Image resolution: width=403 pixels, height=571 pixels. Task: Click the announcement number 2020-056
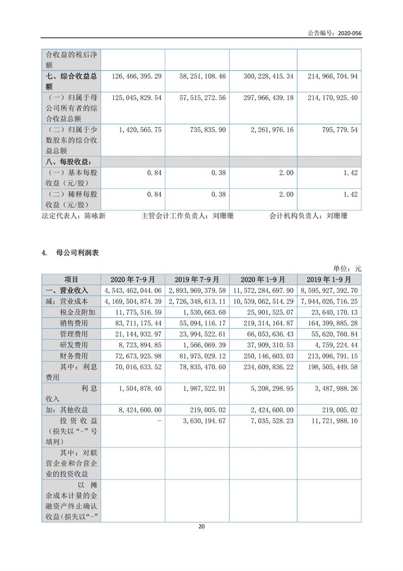pyautogui.click(x=350, y=33)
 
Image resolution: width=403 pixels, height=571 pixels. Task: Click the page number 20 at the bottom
pyautogui.click(x=201, y=527)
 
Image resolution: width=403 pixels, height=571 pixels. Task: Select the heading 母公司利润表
pyautogui.click(x=77, y=253)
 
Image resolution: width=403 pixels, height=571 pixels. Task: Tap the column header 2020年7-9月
pyautogui.click(x=133, y=280)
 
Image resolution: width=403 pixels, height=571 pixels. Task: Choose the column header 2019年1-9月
pyautogui.click(x=329, y=280)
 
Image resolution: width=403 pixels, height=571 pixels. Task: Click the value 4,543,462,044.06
pyautogui.click(x=133, y=290)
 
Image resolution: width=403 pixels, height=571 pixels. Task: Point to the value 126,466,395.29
pyautogui.click(x=136, y=76)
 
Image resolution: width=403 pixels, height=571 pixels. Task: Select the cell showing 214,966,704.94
pyautogui.click(x=332, y=76)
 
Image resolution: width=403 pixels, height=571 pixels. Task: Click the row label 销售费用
pyautogui.click(x=74, y=323)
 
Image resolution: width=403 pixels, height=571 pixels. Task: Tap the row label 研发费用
pyautogui.click(x=74, y=345)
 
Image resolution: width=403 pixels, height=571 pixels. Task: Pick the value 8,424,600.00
pyautogui.click(x=140, y=410)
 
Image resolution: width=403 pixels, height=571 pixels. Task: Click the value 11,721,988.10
pyautogui.click(x=334, y=421)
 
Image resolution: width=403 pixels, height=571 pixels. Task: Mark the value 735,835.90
pyautogui.click(x=208, y=130)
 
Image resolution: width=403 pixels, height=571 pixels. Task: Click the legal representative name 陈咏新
pyautogui.click(x=95, y=216)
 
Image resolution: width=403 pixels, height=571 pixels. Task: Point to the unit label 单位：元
pyautogui.click(x=347, y=269)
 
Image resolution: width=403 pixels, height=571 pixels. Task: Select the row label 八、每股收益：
pyautogui.click(x=69, y=162)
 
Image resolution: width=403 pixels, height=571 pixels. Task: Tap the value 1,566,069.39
pyautogui.click(x=204, y=345)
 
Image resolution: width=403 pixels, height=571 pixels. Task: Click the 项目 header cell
pyautogui.click(x=71, y=280)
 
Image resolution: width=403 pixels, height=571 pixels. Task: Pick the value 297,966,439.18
pyautogui.click(x=268, y=98)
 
